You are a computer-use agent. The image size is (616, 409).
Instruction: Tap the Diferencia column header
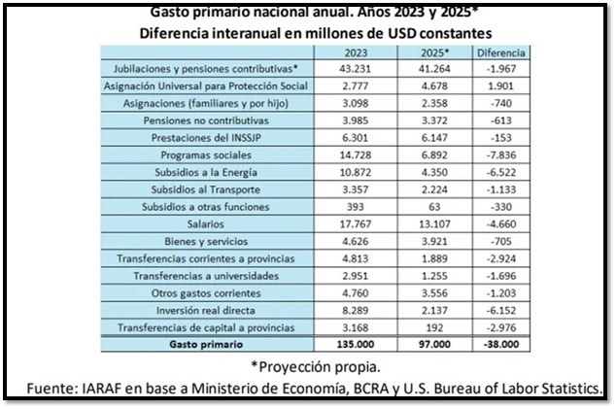pos(504,51)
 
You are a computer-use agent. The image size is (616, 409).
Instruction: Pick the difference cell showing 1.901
pos(504,85)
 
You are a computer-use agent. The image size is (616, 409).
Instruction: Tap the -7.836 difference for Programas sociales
pos(504,154)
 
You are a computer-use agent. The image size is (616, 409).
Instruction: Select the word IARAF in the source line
pos(104,389)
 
